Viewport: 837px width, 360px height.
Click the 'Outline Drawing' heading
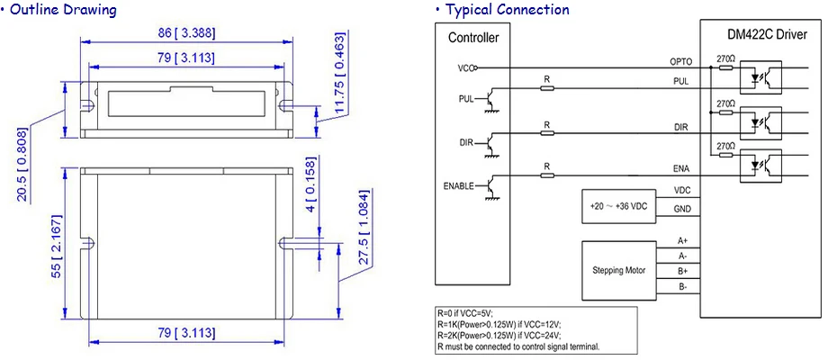(x=63, y=10)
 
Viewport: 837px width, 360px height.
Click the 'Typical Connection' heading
(x=507, y=10)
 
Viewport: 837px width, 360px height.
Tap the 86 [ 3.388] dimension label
(x=187, y=33)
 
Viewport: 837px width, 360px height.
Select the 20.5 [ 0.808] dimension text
(x=22, y=164)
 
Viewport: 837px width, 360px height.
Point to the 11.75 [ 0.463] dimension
(x=339, y=73)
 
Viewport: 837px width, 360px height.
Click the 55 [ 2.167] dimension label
(x=57, y=246)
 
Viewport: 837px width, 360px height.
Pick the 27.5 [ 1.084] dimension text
(x=364, y=227)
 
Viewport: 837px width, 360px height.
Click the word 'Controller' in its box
(x=473, y=38)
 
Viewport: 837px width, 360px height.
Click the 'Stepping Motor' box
(x=618, y=270)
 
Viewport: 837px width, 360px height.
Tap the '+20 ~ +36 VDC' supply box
(x=618, y=206)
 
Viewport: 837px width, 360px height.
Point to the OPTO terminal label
(x=680, y=62)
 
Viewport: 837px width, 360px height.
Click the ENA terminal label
(x=680, y=169)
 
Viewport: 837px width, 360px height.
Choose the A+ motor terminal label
(x=683, y=241)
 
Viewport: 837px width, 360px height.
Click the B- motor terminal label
(x=683, y=287)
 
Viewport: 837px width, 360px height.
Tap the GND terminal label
(x=683, y=209)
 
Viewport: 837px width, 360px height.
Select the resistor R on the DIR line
(x=546, y=133)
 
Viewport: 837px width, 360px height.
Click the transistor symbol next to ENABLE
(x=488, y=186)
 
